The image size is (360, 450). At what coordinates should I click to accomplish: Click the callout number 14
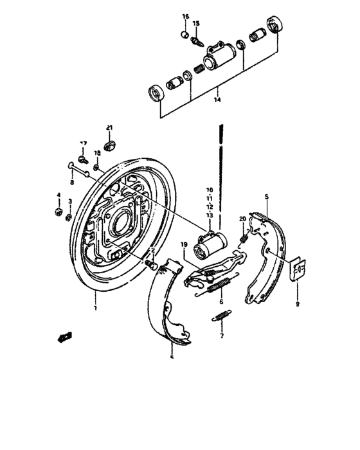[217, 100]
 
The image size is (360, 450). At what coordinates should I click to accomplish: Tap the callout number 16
[184, 16]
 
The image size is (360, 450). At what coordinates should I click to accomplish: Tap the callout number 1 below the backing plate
[94, 309]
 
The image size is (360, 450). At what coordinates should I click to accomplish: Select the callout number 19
[183, 245]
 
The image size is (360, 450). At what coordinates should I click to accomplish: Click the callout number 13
[209, 215]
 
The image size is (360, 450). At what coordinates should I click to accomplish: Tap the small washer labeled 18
[95, 167]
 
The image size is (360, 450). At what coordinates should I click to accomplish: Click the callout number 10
[209, 190]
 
